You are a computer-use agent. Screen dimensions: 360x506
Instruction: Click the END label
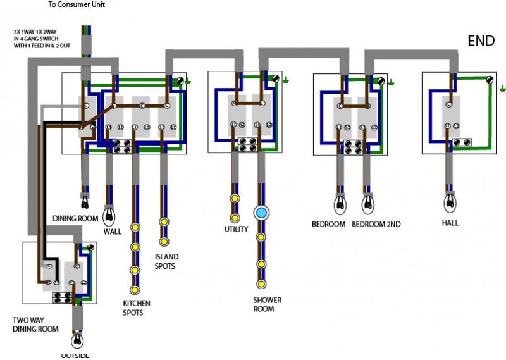pyautogui.click(x=481, y=41)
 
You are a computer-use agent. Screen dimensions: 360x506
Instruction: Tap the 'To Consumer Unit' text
pyautogui.click(x=77, y=4)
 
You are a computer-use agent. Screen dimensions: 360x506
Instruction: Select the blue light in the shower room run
pyautogui.click(x=261, y=213)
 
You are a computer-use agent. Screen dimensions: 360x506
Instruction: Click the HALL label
pyautogui.click(x=450, y=223)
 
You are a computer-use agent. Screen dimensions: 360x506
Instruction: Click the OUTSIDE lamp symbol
pyautogui.click(x=78, y=340)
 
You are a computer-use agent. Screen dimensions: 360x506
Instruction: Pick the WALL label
pyautogui.click(x=112, y=232)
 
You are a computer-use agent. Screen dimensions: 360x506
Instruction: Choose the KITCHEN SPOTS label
pyautogui.click(x=137, y=308)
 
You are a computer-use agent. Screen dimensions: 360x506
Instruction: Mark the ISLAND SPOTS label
pyautogui.click(x=166, y=261)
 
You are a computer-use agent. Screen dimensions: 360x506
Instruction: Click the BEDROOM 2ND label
pyautogui.click(x=376, y=224)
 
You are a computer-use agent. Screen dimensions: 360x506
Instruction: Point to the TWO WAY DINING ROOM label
pyautogui.click(x=35, y=324)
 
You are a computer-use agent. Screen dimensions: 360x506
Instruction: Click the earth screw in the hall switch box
pyautogui.click(x=491, y=80)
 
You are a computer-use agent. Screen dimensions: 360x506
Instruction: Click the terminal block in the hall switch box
pyautogui.click(x=462, y=142)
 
